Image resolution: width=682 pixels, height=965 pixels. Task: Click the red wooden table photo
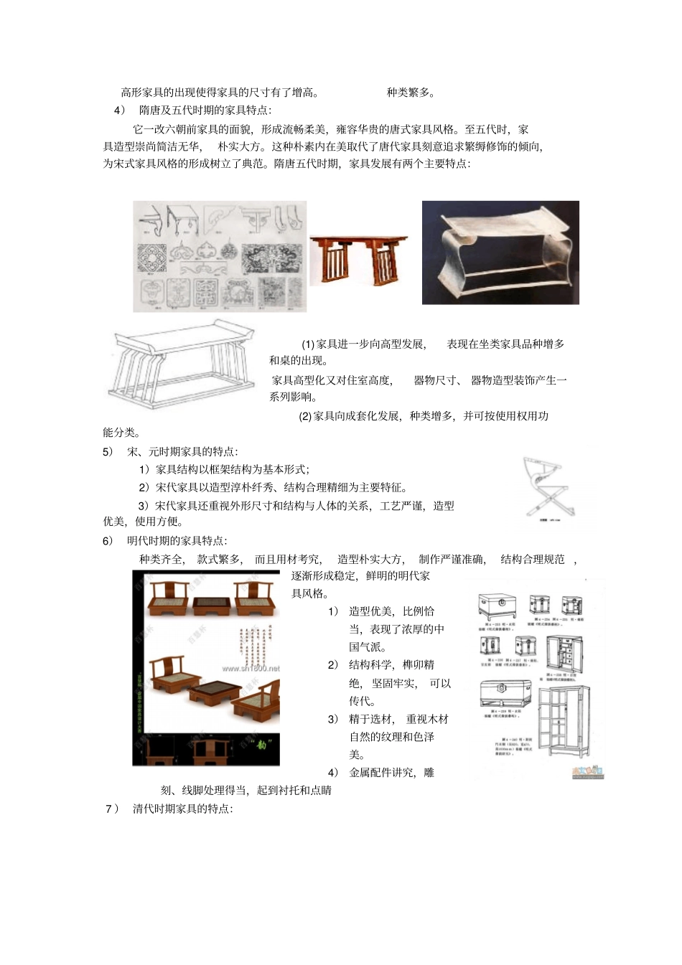[x=358, y=259]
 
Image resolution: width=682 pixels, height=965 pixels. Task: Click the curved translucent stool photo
[x=500, y=253]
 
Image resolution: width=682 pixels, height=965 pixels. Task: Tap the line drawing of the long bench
[x=180, y=367]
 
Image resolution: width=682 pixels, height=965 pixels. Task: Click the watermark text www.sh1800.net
[x=251, y=668]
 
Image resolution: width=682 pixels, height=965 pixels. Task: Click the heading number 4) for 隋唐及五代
[x=119, y=110]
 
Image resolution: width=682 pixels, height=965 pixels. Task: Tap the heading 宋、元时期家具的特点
[x=182, y=452]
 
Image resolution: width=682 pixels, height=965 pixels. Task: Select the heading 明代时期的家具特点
[x=177, y=541]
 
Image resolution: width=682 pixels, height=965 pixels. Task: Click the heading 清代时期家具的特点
[x=182, y=809]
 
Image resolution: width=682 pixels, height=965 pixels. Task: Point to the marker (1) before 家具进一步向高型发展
[x=307, y=344]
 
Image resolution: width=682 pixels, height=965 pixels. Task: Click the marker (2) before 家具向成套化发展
[x=304, y=416]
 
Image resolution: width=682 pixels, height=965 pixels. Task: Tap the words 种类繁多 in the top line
[x=410, y=93]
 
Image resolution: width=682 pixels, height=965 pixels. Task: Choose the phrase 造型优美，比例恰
[x=391, y=611]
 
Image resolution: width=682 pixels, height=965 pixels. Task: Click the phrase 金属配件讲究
[x=381, y=773]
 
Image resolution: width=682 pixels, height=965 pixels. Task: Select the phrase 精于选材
[x=370, y=719]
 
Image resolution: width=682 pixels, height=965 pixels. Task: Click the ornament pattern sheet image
[x=220, y=256]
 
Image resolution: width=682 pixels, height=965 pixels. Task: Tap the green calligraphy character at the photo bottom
[x=265, y=740]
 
